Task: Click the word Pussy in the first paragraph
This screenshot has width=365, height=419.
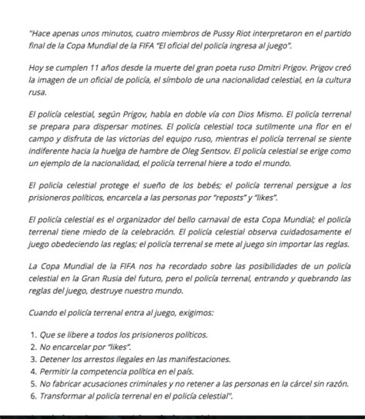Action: (x=203, y=34)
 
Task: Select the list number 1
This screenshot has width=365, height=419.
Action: (x=32, y=336)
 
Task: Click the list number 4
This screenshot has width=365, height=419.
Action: (x=32, y=371)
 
